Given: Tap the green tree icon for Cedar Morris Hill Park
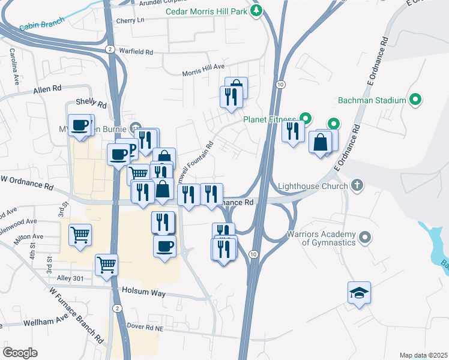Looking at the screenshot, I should [257, 10].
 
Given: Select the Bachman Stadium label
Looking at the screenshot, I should [372, 99].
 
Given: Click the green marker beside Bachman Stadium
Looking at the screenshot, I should [415, 99].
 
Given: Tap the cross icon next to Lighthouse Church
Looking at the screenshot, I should [357, 185].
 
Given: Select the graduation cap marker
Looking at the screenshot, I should [359, 293].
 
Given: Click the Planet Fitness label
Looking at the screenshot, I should [270, 119].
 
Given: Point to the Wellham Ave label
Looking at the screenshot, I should [43, 323].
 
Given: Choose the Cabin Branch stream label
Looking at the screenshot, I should [37, 26].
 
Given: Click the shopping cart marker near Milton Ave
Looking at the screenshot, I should [80, 235].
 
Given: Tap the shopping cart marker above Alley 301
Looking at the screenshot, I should [106, 263].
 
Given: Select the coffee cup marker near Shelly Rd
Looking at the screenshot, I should [79, 126].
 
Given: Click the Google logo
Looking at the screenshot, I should [20, 352].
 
